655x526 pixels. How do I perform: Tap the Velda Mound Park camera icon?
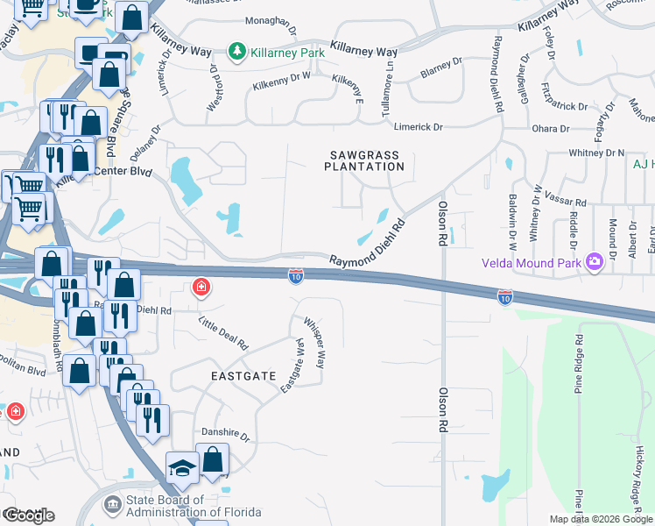coord(595,262)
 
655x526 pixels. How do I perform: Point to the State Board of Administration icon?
coord(113,506)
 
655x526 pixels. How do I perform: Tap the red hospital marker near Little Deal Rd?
coord(201,288)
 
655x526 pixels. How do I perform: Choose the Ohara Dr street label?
coord(552,129)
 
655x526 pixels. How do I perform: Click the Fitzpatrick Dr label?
coord(563,106)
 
